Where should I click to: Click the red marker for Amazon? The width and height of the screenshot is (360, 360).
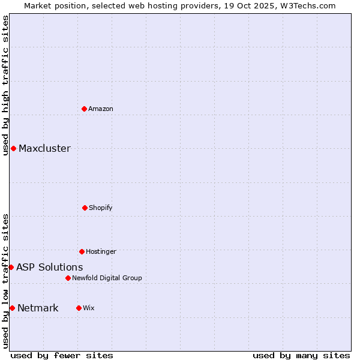(84, 109)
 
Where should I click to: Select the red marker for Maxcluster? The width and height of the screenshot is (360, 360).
(13, 148)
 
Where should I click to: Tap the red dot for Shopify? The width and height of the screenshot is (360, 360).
(85, 208)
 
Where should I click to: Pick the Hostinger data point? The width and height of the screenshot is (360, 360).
(82, 251)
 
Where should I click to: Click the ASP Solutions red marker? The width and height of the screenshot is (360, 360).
(11, 267)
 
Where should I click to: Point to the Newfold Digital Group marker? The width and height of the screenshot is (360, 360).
(68, 278)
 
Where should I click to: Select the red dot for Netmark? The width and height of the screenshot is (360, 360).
(12, 308)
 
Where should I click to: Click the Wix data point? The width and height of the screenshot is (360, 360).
(79, 308)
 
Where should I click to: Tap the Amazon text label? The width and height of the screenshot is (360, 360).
(101, 109)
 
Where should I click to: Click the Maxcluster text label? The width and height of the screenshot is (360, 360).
(44, 148)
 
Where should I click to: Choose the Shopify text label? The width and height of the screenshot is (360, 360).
(101, 208)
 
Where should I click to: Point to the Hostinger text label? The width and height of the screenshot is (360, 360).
(101, 251)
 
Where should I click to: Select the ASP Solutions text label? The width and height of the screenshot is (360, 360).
(49, 267)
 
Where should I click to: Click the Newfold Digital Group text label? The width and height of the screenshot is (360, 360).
(107, 278)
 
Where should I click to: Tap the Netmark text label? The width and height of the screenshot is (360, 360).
(38, 308)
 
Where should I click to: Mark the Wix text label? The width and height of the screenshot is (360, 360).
(89, 308)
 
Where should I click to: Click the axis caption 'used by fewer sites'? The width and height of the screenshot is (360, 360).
(62, 355)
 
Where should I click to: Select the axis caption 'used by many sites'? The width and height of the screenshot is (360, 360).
(301, 355)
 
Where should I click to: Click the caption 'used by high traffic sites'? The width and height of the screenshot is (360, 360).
(5, 85)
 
